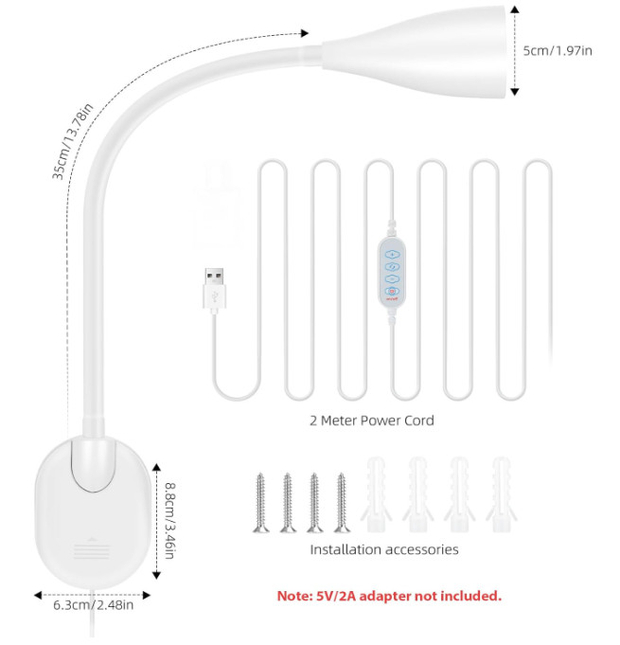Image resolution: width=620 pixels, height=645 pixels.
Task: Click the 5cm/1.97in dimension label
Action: (558, 50)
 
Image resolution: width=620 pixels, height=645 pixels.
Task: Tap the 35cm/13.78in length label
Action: (72, 141)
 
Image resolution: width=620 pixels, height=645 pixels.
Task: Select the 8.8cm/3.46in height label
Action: (169, 520)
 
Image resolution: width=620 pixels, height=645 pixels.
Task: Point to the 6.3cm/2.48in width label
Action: (94, 605)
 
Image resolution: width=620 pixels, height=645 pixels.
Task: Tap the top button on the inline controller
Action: (392, 254)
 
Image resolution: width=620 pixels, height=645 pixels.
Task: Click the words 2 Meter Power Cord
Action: (372, 421)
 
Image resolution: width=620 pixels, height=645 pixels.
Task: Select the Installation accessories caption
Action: (384, 549)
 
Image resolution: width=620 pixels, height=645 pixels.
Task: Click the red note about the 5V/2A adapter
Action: (389, 596)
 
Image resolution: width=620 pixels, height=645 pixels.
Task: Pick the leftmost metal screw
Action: (260, 503)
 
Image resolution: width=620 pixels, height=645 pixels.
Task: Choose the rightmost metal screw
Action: (342, 503)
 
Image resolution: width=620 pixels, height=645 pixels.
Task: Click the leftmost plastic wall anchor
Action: (376, 493)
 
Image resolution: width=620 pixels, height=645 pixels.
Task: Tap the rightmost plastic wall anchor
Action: (502, 493)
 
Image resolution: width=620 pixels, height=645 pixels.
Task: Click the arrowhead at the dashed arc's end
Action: (305, 33)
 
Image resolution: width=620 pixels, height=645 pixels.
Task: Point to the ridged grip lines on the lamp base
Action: (92, 550)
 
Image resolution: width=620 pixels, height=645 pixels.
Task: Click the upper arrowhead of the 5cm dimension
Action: (514, 9)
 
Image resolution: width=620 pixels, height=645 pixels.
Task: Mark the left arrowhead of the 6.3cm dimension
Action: (38, 595)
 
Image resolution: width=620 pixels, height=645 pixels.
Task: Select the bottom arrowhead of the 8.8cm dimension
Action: (156, 575)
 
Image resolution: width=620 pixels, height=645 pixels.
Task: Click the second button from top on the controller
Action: (392, 266)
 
